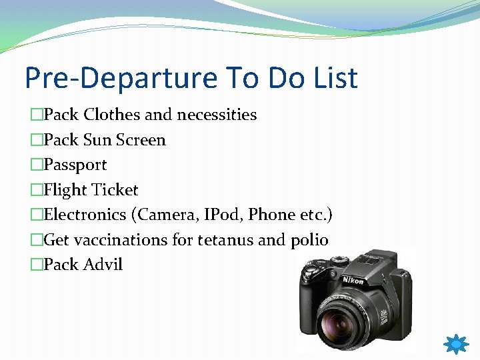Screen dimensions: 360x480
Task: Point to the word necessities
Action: pos(216,115)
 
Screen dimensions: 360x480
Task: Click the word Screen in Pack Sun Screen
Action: pos(141,140)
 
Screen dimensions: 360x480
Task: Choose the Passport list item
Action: pos(75,165)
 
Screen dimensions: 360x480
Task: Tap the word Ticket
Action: pos(115,190)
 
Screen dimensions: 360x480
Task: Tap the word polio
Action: pos(309,240)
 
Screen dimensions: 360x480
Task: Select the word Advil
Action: pos(103,265)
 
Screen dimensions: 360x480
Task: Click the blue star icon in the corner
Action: pos(456,345)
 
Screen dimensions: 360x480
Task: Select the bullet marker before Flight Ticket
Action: pos(36,191)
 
